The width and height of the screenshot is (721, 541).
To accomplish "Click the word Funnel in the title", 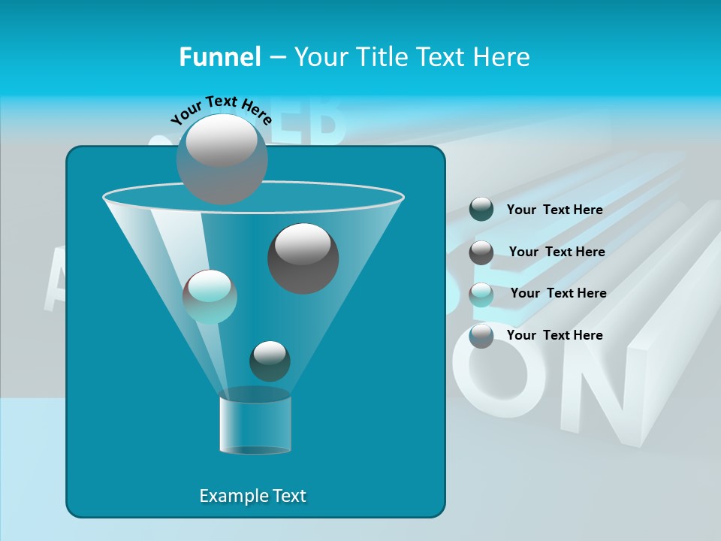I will [x=220, y=57].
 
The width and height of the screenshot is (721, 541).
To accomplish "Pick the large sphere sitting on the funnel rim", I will [x=222, y=159].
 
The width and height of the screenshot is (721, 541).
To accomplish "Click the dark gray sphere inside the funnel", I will [x=303, y=258].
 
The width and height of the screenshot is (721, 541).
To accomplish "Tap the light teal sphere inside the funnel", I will [x=210, y=297].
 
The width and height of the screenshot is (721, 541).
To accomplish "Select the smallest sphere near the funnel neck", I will [x=270, y=361].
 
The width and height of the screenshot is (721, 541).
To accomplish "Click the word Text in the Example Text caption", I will [x=289, y=496].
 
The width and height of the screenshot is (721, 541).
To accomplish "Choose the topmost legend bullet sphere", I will [x=481, y=210].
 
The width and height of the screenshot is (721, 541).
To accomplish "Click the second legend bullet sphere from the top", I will [x=481, y=252].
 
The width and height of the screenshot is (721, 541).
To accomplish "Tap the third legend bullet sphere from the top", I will [x=481, y=294].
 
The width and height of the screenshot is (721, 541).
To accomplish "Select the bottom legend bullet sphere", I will [x=481, y=336].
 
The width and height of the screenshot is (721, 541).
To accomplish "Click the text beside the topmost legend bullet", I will [x=554, y=210].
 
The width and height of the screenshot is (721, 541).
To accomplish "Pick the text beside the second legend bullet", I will [x=557, y=252].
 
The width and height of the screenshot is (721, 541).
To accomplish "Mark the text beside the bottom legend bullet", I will [x=554, y=335].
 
